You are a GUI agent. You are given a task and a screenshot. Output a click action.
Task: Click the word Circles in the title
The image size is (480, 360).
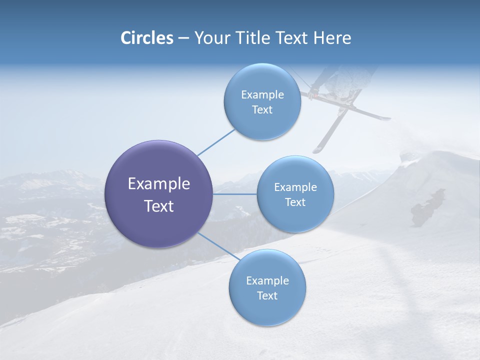(147, 38)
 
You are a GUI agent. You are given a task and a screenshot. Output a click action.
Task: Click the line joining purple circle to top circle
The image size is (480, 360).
(216, 142)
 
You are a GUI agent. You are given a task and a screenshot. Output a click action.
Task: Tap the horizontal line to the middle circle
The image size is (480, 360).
(235, 194)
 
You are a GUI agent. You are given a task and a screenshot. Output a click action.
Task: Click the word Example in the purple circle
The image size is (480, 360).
(159, 184)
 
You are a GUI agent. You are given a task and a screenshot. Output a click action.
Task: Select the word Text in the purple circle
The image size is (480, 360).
(159, 206)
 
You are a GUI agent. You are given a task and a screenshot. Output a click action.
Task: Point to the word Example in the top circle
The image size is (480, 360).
(262, 94)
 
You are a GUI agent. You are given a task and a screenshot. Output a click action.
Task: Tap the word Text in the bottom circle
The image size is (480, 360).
(267, 295)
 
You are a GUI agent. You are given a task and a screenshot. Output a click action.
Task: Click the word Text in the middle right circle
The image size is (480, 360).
(295, 202)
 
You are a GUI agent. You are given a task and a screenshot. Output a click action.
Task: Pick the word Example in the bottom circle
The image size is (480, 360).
(267, 280)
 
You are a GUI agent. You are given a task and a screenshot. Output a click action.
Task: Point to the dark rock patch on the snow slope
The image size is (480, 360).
(427, 207)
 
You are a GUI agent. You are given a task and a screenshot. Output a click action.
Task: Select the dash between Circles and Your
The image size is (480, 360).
(183, 38)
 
